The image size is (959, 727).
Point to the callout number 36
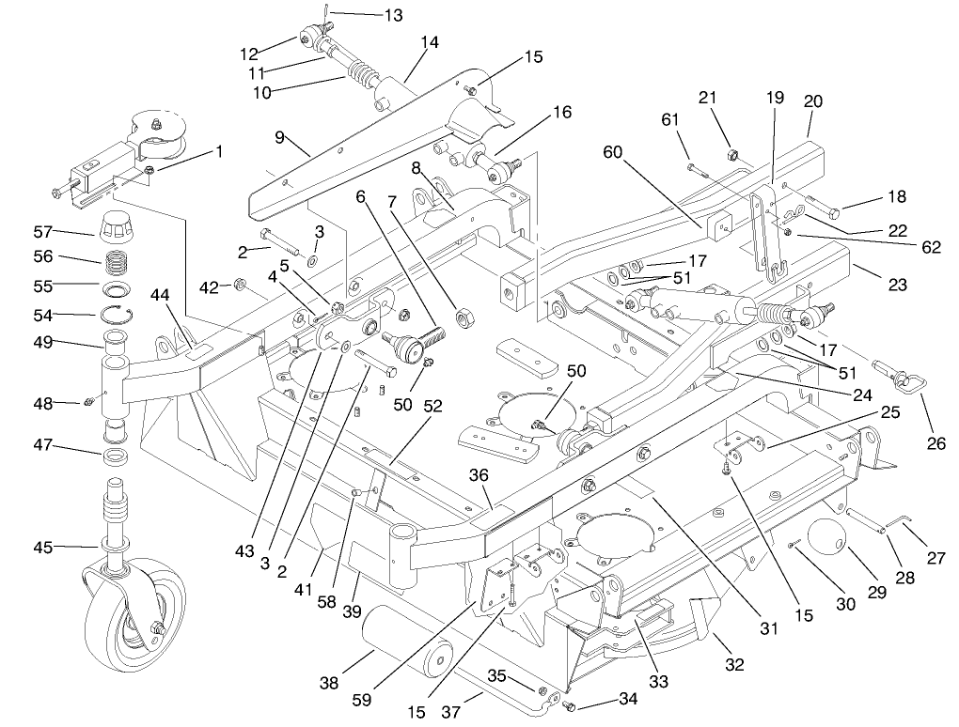coord(479,477)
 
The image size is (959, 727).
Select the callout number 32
coord(734,665)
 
